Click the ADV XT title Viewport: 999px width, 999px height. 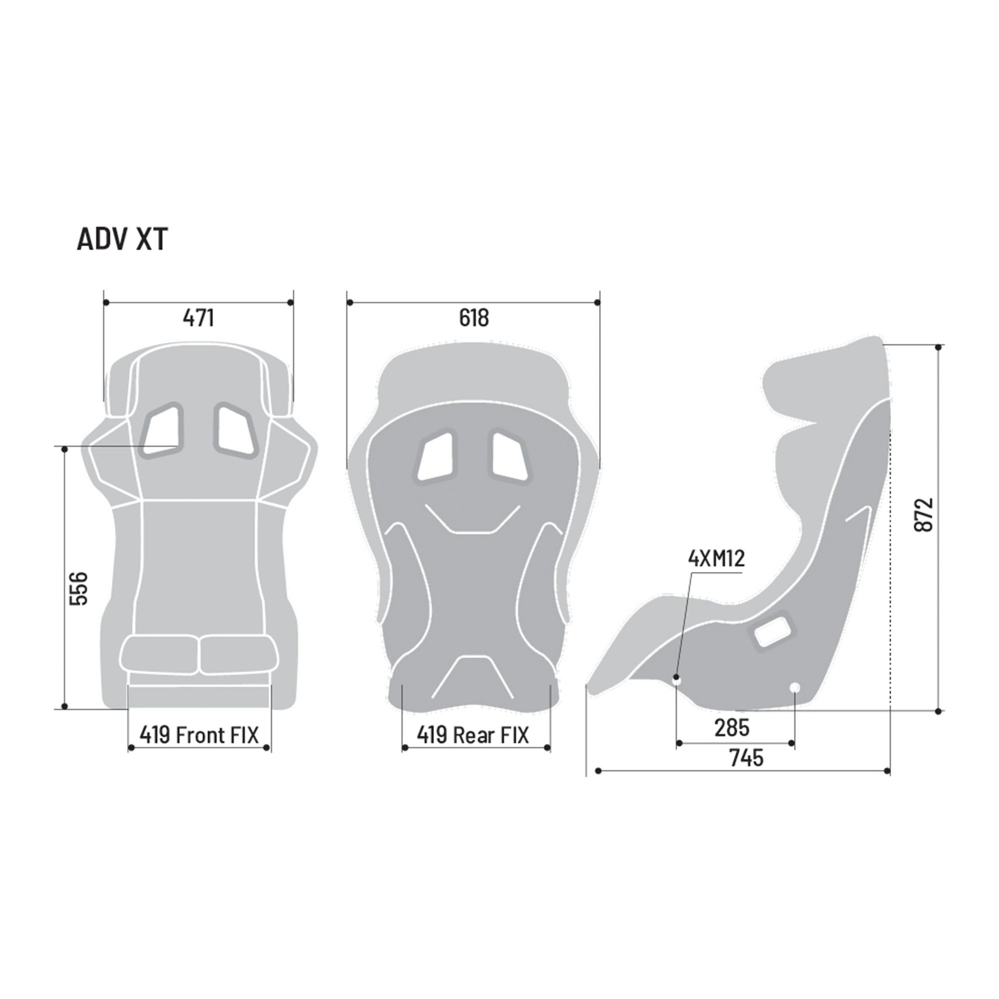pyautogui.click(x=122, y=239)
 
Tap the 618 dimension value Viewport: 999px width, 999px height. pyautogui.click(x=473, y=318)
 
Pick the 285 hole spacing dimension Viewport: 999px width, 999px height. pyautogui.click(x=732, y=728)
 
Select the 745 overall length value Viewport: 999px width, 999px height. pyautogui.click(x=746, y=758)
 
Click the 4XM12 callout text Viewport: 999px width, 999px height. pyautogui.click(x=716, y=558)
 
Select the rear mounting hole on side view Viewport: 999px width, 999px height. pyautogui.click(x=795, y=687)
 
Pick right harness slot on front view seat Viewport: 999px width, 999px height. pyautogui.click(x=235, y=430)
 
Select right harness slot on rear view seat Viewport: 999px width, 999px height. pyautogui.click(x=510, y=456)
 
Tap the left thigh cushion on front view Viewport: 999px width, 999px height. pyautogui.click(x=159, y=655)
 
